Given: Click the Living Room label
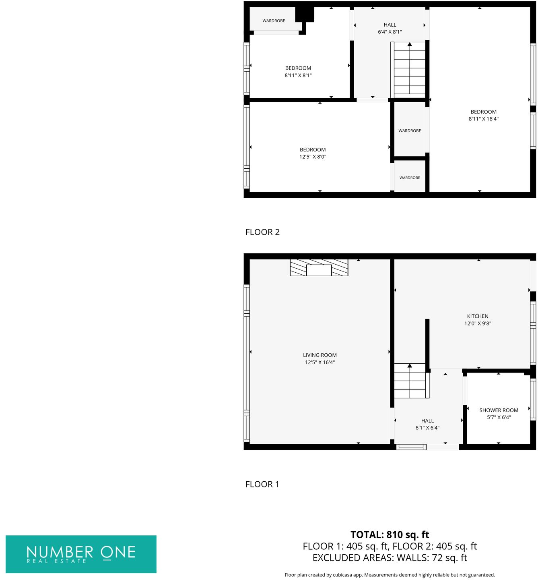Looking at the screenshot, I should pos(320,355).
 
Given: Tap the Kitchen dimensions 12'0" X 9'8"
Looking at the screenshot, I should pos(478,323).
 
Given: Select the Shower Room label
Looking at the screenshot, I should pos(499,410).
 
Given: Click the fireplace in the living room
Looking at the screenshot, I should pos(319,268).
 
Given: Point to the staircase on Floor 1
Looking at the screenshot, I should pos(410,381).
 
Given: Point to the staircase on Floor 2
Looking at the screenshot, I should pos(410,68).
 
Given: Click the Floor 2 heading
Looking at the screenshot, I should pos(262,232).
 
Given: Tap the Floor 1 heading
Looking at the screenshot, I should pos(262,484).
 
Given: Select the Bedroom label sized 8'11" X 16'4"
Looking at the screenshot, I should pos(483,112).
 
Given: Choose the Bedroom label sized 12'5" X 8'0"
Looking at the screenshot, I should pos(313,149).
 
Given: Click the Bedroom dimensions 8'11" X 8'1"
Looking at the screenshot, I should pos(298,75).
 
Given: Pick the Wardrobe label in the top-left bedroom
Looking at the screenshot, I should pos(274,21).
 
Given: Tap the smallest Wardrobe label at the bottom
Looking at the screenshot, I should pos(410,178).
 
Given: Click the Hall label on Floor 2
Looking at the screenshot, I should pos(390,25).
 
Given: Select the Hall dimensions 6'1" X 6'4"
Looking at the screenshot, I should pos(427,428).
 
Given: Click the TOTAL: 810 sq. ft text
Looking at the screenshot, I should pos(390,534).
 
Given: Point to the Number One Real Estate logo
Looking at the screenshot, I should pos(81,554).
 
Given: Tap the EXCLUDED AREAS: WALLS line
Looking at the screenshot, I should pos(390,558).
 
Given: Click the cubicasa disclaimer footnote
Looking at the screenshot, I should pos(390,575).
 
